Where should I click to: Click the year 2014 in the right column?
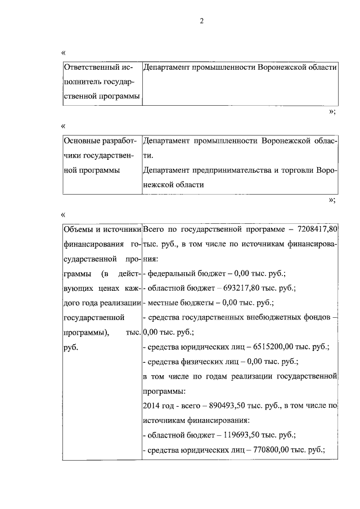[x=152, y=405]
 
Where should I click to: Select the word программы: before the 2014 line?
[x=164, y=390]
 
